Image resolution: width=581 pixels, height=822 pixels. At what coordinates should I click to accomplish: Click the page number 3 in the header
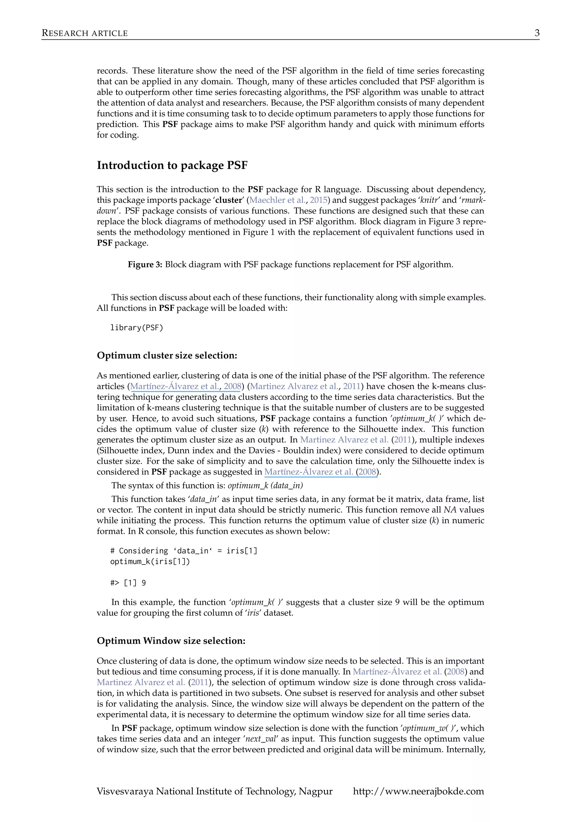click(x=537, y=33)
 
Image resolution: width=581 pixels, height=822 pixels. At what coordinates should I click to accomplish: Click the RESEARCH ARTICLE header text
click(x=85, y=33)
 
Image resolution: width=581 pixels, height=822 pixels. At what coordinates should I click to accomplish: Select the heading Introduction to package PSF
click(x=172, y=165)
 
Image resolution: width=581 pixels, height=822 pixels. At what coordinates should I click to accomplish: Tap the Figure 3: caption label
click(x=145, y=265)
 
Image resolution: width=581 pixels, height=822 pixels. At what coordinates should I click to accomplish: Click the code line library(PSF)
click(x=136, y=328)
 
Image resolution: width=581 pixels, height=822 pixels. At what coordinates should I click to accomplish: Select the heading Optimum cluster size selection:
click(x=167, y=355)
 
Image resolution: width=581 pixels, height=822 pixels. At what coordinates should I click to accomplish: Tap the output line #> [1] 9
click(x=128, y=583)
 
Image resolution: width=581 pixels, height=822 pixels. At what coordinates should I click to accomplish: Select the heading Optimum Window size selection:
click(x=171, y=641)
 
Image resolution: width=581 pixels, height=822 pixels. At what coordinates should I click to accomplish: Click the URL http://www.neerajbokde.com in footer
click(x=418, y=791)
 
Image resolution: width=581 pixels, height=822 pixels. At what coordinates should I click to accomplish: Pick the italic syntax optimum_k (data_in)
click(x=265, y=486)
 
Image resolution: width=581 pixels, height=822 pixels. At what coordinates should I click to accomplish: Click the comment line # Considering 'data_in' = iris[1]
click(x=184, y=551)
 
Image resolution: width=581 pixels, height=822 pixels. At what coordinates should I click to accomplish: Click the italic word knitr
click(x=429, y=200)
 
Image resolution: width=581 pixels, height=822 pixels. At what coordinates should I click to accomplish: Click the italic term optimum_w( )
click(x=429, y=728)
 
